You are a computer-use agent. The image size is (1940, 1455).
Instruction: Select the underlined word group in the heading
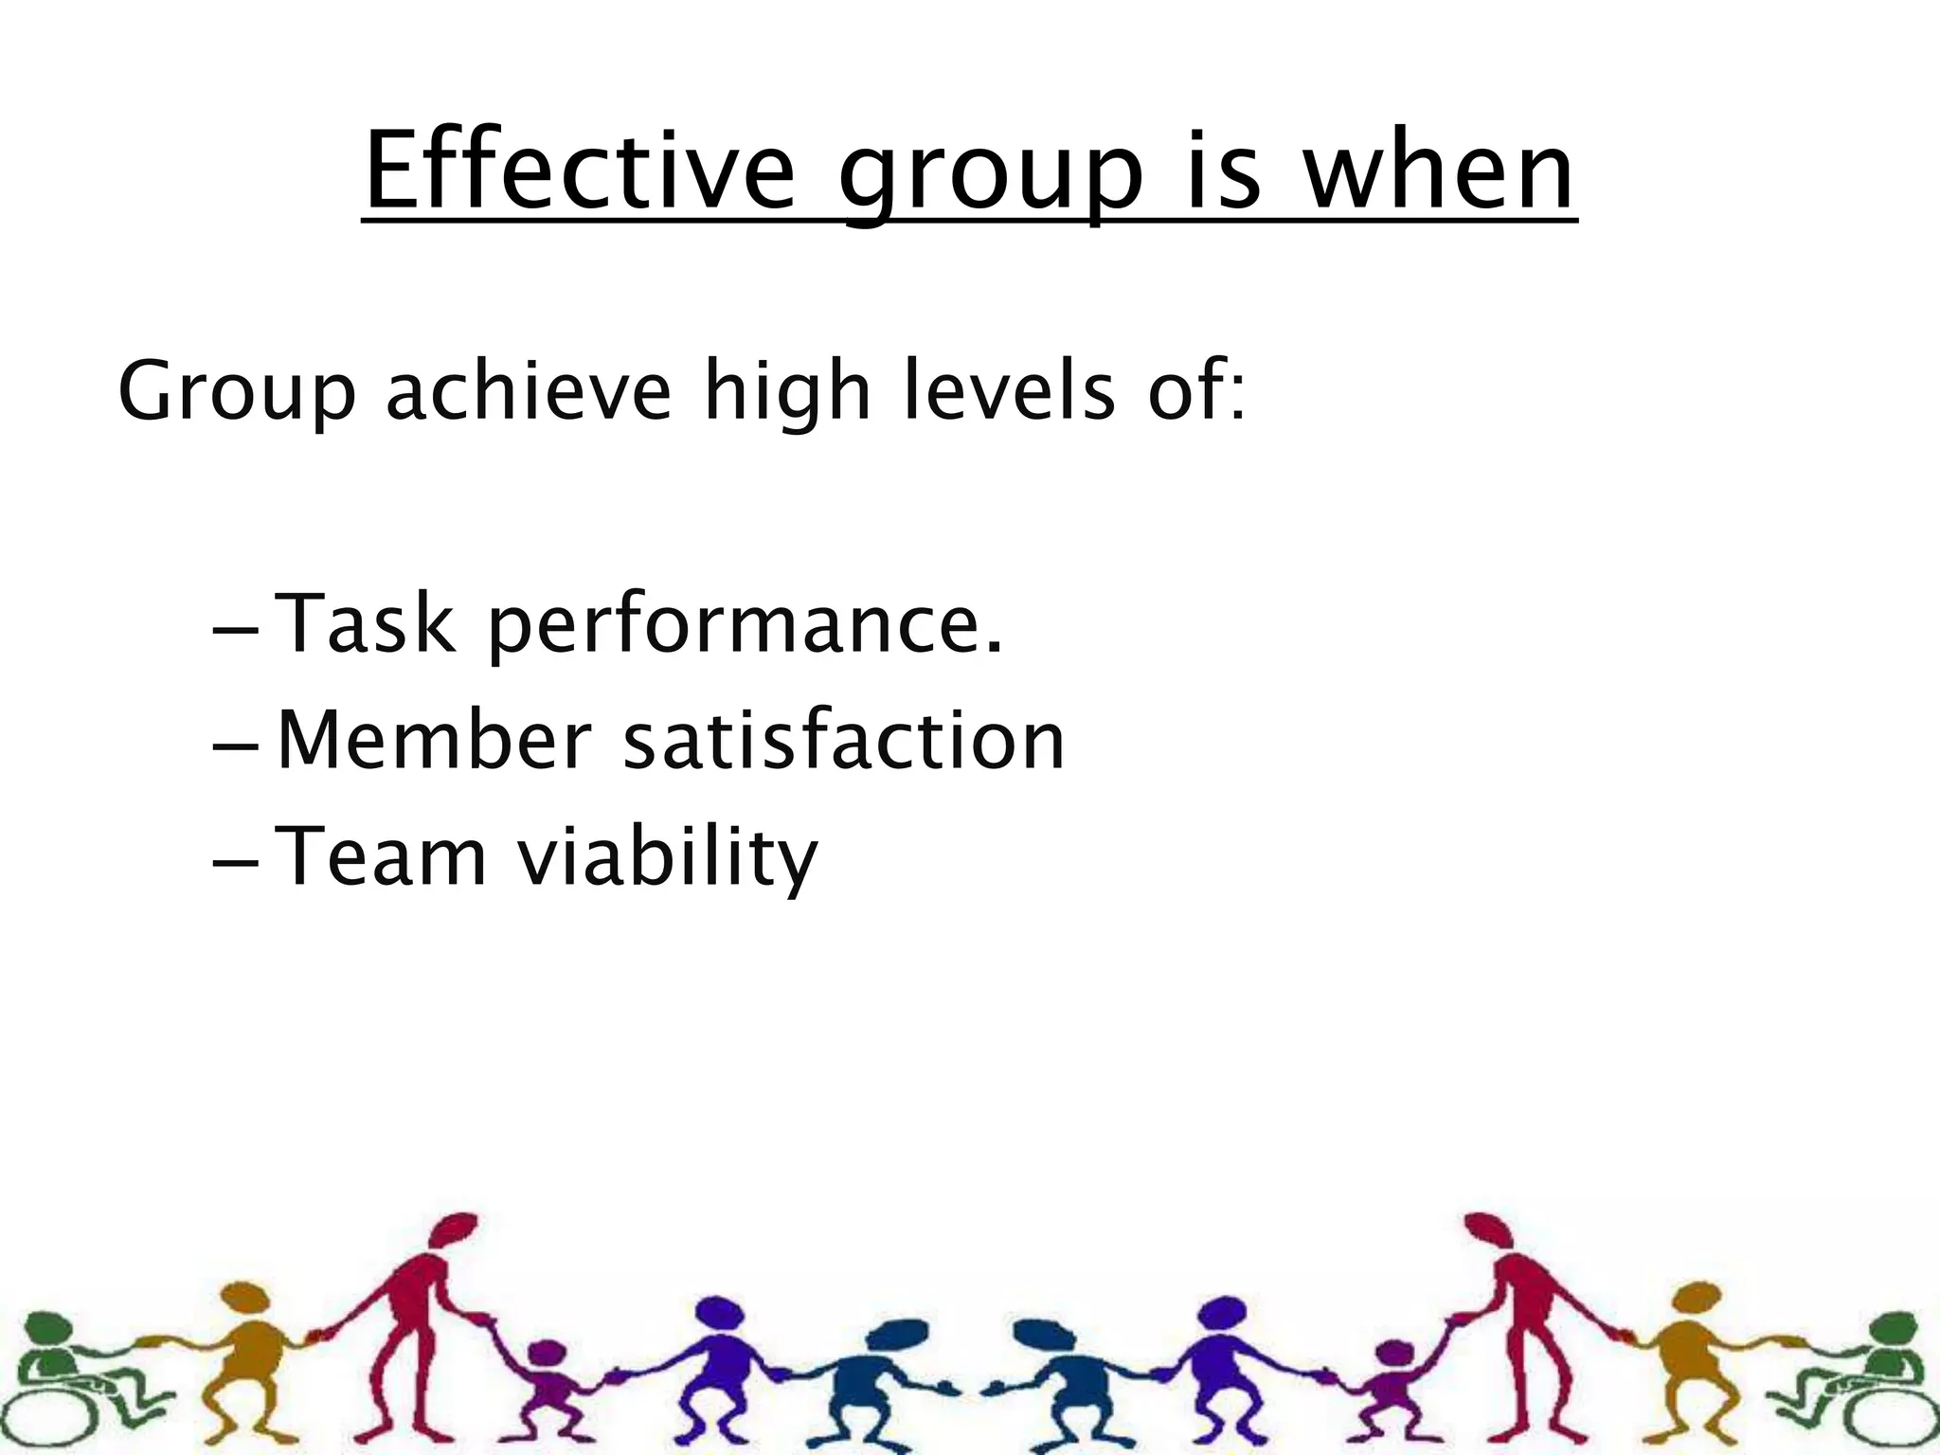(991, 180)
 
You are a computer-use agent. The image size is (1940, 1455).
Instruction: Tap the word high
(786, 392)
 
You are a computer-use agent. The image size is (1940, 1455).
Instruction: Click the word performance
(745, 627)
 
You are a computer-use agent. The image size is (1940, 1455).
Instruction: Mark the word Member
(435, 740)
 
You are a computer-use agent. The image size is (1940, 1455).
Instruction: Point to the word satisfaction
(844, 740)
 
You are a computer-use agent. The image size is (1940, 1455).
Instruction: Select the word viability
(667, 859)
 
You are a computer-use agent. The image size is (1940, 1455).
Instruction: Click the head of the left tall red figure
(453, 1232)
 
